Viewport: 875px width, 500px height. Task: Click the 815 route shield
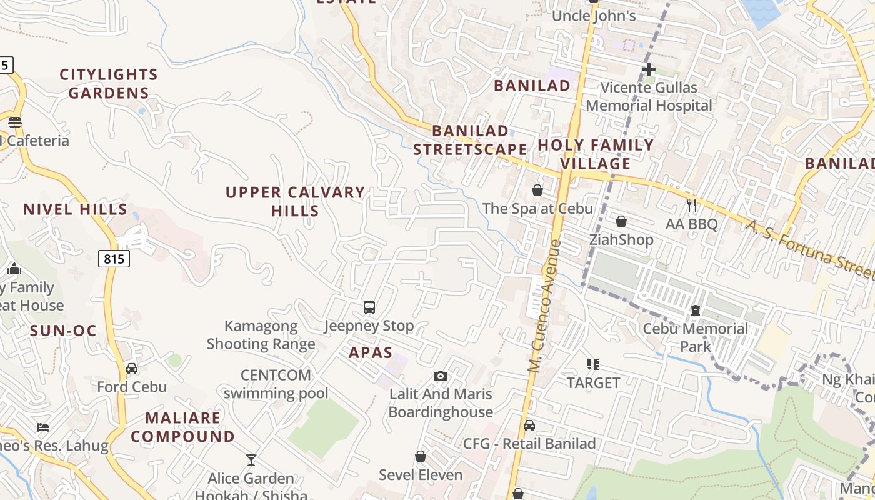pyautogui.click(x=114, y=259)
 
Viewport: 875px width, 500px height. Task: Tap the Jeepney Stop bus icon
pyautogui.click(x=369, y=307)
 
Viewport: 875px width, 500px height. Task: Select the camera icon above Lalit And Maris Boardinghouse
pyautogui.click(x=441, y=376)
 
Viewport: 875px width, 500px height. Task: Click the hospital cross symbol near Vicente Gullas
pyautogui.click(x=648, y=69)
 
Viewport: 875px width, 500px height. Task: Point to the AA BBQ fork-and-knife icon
pyautogui.click(x=691, y=205)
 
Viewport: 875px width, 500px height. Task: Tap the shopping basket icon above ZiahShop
pyautogui.click(x=621, y=221)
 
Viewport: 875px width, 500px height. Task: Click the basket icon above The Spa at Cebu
pyautogui.click(x=537, y=190)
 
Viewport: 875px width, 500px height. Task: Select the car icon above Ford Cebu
pyautogui.click(x=132, y=368)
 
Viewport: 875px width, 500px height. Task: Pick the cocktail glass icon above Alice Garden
pyautogui.click(x=251, y=460)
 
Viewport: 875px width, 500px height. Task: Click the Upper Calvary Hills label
pyautogui.click(x=296, y=201)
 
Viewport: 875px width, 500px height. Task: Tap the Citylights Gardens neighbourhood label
pyautogui.click(x=109, y=84)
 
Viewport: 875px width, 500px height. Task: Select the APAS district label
pyautogui.click(x=371, y=352)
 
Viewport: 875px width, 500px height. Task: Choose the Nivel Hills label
pyautogui.click(x=75, y=209)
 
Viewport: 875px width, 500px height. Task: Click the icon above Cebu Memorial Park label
pyautogui.click(x=695, y=311)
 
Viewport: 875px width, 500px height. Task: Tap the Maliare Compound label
pyautogui.click(x=182, y=427)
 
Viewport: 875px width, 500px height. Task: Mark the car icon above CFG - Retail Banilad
pyautogui.click(x=529, y=426)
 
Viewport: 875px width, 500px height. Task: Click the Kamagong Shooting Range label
pyautogui.click(x=261, y=335)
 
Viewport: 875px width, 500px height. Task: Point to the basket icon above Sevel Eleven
pyautogui.click(x=421, y=457)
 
